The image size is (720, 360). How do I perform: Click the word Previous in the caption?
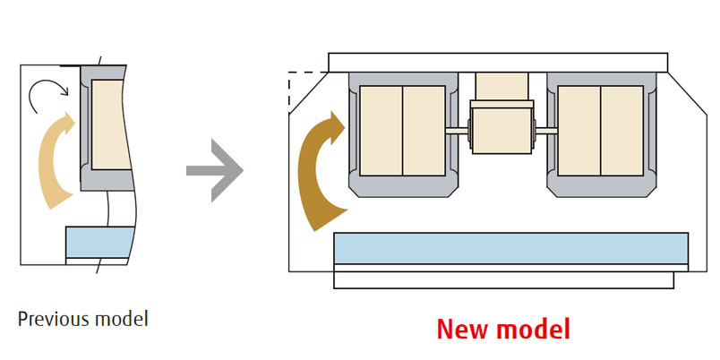click(x=48, y=318)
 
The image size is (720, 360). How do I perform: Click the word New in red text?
click(x=465, y=329)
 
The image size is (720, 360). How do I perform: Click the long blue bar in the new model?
click(x=510, y=247)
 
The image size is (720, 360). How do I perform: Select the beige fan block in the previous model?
click(x=110, y=125)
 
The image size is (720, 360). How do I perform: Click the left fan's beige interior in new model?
click(x=402, y=131)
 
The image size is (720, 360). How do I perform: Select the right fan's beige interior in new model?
click(x=599, y=131)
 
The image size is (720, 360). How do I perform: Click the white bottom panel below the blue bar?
click(x=503, y=279)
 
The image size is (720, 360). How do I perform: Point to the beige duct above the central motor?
click(x=501, y=87)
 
